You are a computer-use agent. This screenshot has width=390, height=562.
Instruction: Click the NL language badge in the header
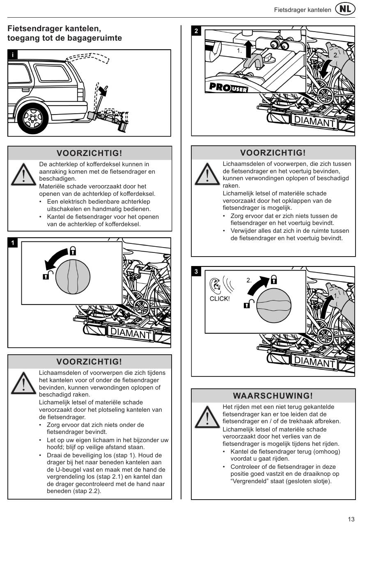click(345, 9)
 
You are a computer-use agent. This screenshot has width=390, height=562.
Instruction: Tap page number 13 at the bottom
click(351, 519)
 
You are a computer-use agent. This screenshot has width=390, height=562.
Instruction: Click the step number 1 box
click(13, 243)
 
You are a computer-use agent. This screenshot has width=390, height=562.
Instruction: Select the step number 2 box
click(197, 31)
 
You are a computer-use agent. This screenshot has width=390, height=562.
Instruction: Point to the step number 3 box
click(197, 272)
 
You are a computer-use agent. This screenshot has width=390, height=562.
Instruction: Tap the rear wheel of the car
click(32, 119)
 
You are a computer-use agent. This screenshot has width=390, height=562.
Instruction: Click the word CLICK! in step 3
click(220, 299)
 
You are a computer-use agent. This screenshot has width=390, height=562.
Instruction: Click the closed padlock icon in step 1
click(73, 250)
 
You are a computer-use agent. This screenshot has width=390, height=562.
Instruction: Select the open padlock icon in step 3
click(249, 304)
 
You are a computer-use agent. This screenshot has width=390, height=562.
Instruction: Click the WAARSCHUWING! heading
click(273, 396)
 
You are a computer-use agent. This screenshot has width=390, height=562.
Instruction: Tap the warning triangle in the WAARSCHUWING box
click(208, 417)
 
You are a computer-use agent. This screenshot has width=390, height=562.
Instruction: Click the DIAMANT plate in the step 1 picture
click(131, 333)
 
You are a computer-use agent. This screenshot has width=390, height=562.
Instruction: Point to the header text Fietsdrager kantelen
click(303, 10)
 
